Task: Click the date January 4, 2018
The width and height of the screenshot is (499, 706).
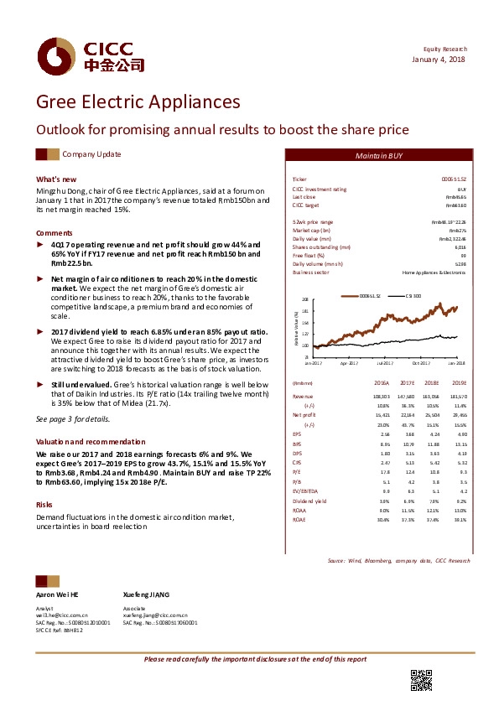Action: click(439, 59)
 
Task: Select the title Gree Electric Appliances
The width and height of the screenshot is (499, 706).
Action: click(138, 102)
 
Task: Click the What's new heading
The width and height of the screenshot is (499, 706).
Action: click(56, 179)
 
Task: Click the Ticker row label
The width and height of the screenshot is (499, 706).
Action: click(299, 179)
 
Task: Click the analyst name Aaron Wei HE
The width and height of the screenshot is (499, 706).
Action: click(57, 594)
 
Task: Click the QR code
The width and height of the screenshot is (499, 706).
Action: click(421, 681)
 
